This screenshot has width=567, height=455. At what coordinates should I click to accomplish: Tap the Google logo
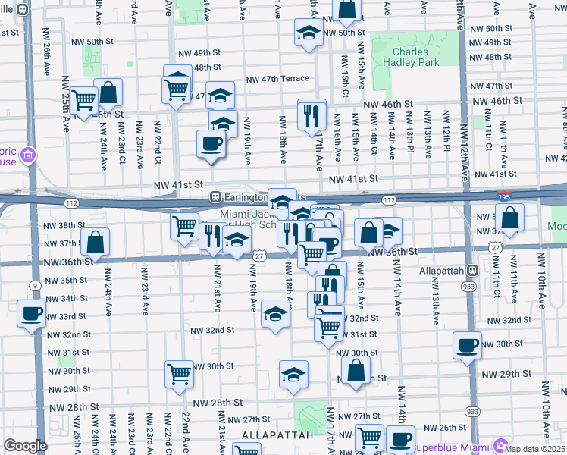point(25,446)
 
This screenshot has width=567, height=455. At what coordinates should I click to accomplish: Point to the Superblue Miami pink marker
point(500,443)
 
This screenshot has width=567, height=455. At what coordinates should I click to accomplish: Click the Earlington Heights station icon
point(215,196)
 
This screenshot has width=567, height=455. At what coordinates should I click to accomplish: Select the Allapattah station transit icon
point(472,270)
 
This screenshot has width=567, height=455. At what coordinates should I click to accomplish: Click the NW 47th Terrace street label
point(277,79)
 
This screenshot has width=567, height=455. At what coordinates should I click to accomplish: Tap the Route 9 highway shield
point(35,285)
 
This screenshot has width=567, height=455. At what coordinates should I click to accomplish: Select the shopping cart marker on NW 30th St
point(179,372)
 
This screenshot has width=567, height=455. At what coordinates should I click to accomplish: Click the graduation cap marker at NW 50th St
point(309,33)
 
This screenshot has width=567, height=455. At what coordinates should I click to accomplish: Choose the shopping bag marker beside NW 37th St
point(96,243)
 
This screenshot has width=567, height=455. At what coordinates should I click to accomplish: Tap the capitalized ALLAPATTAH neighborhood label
point(278,435)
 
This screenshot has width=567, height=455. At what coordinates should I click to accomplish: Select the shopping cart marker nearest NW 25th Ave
point(84,99)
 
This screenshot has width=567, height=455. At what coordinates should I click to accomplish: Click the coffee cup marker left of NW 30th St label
point(466,345)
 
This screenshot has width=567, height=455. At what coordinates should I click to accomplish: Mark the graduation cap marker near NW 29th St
point(293,374)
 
